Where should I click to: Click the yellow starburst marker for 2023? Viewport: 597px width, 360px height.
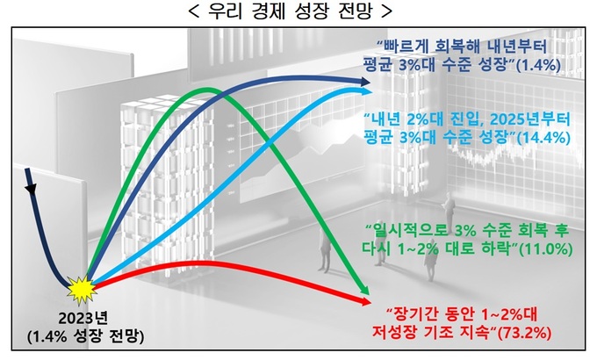click(81, 289)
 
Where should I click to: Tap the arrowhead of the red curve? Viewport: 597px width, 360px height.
click(365, 302)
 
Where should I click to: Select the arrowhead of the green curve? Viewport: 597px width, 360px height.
click(364, 289)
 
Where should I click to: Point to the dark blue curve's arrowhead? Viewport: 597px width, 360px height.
click(364, 81)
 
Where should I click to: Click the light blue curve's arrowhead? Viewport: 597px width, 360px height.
click(365, 91)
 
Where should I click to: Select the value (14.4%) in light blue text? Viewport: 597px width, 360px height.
click(543, 138)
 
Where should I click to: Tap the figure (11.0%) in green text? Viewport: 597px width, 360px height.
click(545, 249)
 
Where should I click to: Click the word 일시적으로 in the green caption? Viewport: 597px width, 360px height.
click(407, 231)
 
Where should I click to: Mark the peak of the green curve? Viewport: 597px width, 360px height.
click(206, 90)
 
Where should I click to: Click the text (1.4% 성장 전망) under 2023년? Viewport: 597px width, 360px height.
click(86, 336)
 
